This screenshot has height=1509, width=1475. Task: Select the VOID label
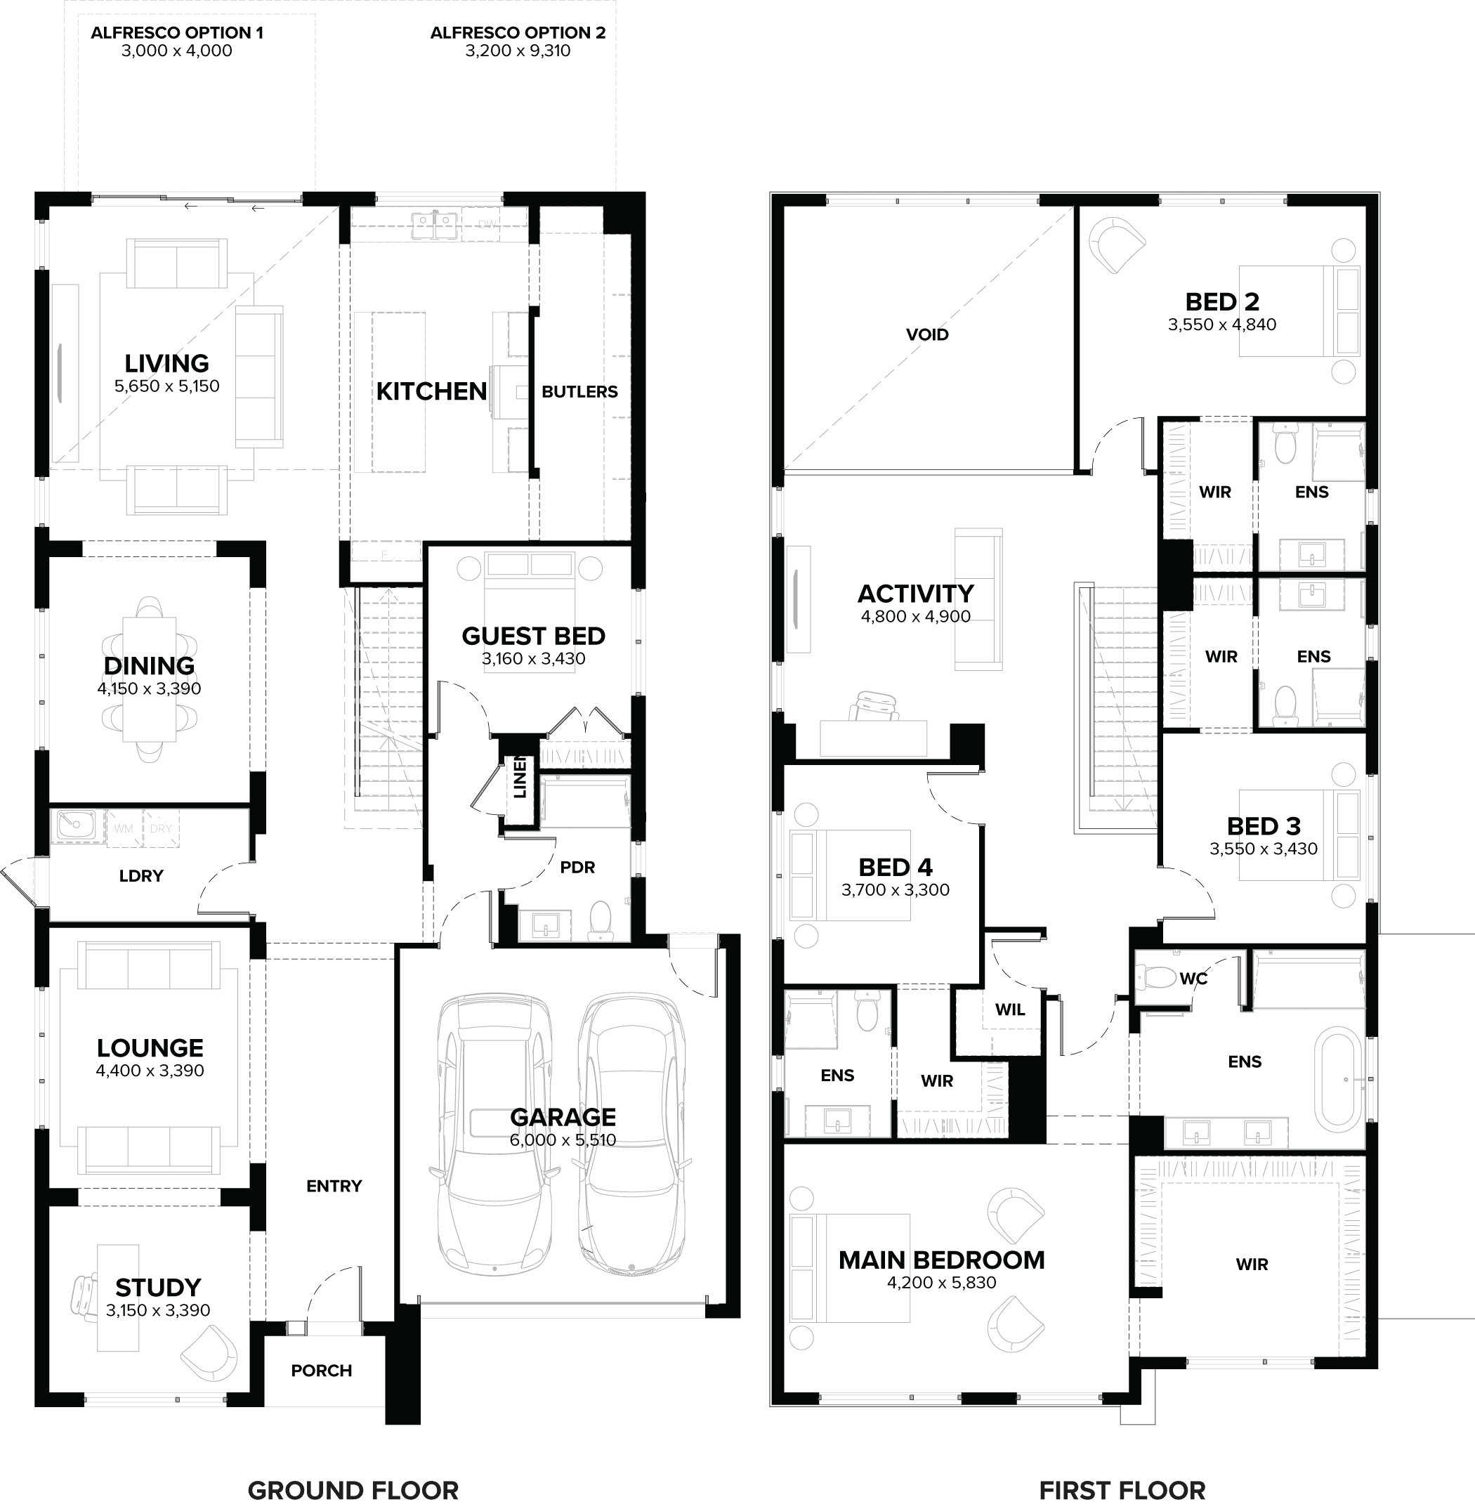pyautogui.click(x=927, y=334)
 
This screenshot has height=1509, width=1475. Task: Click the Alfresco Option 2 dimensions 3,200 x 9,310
pyautogui.click(x=518, y=51)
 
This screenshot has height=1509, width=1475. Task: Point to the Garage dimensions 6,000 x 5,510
pyautogui.click(x=563, y=1140)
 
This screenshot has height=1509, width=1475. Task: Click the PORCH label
pyautogui.click(x=322, y=1371)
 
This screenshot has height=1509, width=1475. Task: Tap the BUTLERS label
pyautogui.click(x=579, y=392)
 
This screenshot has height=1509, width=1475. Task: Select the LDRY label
pyautogui.click(x=141, y=876)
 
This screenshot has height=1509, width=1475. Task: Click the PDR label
pyautogui.click(x=577, y=868)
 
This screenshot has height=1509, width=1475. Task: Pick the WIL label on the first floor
pyautogui.click(x=1010, y=1010)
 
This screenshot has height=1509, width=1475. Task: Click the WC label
pyautogui.click(x=1193, y=979)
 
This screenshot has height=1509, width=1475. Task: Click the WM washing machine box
pyautogui.click(x=124, y=829)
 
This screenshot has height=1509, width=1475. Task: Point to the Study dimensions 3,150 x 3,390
pyautogui.click(x=158, y=1311)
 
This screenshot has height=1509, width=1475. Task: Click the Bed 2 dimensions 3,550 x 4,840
pyautogui.click(x=1221, y=325)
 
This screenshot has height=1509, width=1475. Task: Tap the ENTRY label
pyautogui.click(x=334, y=1186)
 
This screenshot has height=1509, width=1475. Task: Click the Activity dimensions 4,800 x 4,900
pyautogui.click(x=915, y=617)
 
